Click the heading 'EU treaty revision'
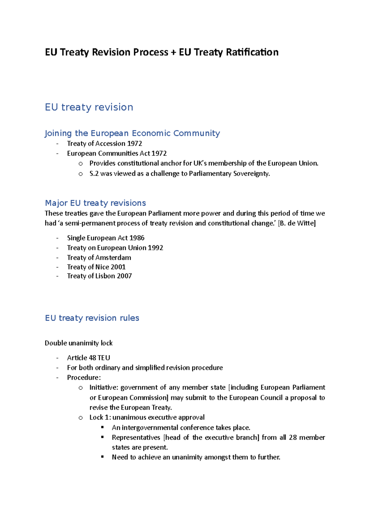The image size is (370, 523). click(x=89, y=107)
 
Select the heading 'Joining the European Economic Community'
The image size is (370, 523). click(x=132, y=133)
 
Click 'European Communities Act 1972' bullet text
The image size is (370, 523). click(x=117, y=153)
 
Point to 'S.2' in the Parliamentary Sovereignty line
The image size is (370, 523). click(x=94, y=174)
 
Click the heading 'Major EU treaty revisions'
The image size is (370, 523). click(x=95, y=203)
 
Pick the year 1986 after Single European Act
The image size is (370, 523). click(x=137, y=238)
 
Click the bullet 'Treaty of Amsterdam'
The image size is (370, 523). click(x=99, y=257)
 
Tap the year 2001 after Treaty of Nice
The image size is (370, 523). click(x=118, y=267)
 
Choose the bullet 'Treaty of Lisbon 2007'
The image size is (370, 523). click(x=99, y=276)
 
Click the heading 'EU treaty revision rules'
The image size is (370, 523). click(x=92, y=318)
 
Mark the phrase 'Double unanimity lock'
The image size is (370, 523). click(x=79, y=343)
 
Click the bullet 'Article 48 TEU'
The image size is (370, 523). click(x=88, y=358)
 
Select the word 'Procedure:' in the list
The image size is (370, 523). click(x=84, y=378)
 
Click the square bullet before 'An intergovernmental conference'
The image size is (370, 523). click(x=102, y=428)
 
